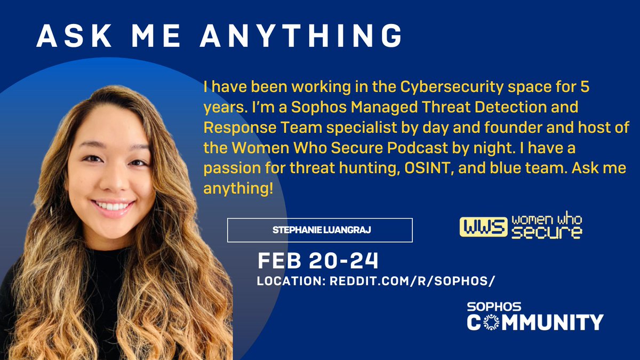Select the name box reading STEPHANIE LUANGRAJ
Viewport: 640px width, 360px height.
pos(319,230)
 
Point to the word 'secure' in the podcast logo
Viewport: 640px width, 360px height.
pos(546,233)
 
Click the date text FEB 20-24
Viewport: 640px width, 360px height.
pos(318,261)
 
